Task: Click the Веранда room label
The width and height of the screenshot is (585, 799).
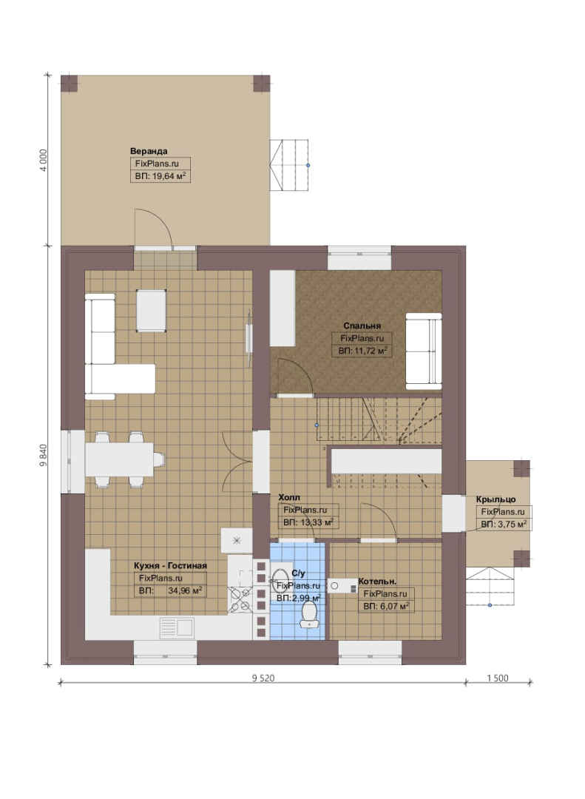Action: click(x=149, y=151)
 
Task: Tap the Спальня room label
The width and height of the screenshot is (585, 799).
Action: click(x=362, y=326)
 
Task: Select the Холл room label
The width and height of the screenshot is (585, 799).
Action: click(x=289, y=497)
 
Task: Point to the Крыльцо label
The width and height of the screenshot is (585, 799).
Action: click(x=496, y=499)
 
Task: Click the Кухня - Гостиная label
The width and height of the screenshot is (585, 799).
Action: click(x=170, y=566)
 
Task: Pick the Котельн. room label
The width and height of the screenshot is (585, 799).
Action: click(x=378, y=581)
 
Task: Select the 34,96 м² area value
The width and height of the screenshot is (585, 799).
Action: click(x=185, y=591)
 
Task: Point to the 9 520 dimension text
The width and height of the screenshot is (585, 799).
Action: click(x=263, y=678)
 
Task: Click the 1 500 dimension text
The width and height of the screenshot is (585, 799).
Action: click(x=498, y=678)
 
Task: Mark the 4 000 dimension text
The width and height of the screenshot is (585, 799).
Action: click(x=44, y=160)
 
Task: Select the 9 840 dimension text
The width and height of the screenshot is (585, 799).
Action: click(x=44, y=456)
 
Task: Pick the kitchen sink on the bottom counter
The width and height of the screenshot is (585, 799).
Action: click(x=176, y=627)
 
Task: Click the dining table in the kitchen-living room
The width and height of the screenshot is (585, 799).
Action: click(x=120, y=459)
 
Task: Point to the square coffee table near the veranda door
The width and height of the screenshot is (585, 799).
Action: click(x=152, y=311)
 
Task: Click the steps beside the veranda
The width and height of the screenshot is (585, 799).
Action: click(x=289, y=165)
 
